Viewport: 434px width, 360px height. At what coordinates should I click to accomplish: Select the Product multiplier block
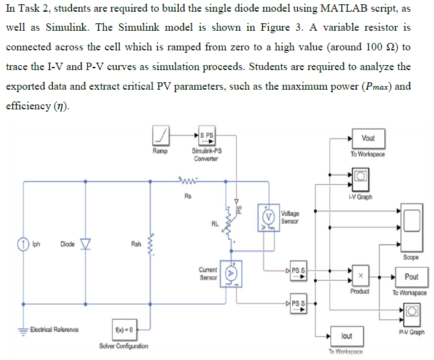pyautogui.click(x=360, y=276)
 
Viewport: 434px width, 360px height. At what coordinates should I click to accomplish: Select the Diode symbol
pyautogui.click(x=86, y=244)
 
